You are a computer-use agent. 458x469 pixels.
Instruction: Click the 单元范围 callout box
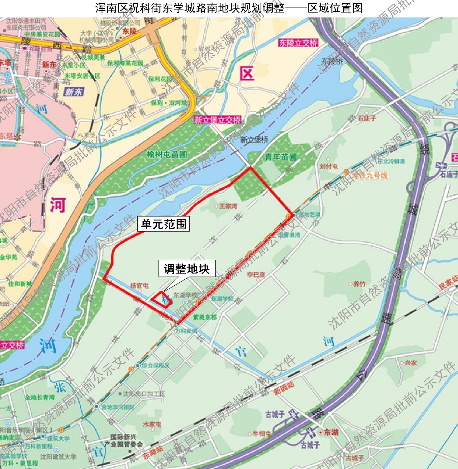coord(163,224)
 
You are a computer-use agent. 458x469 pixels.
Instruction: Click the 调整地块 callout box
coord(187,269)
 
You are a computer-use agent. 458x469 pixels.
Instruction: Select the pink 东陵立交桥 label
coord(298,43)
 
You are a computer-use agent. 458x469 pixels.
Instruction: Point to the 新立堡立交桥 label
coord(217,120)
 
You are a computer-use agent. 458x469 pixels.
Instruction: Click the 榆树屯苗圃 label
coord(167,154)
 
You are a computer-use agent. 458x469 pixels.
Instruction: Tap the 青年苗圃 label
coord(281,157)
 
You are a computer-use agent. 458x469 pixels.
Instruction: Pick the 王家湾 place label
coord(228,206)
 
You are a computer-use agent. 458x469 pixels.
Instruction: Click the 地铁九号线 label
coord(369,175)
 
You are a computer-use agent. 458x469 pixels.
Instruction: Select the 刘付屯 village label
coord(329,166)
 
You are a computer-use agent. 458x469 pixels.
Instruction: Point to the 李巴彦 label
coord(256,274)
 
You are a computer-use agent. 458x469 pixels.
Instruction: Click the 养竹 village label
coord(359,284)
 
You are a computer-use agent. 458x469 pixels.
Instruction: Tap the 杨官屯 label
coord(139,286)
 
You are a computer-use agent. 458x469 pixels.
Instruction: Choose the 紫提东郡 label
coord(205,317)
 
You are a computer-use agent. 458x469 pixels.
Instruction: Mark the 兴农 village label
coord(411,363)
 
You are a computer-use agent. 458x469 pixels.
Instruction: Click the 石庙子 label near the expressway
coord(367,118)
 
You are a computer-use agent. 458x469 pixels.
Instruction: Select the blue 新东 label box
coord(74,92)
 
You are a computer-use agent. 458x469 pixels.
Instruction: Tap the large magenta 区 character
coord(247,73)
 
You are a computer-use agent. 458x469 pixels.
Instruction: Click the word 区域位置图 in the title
coord(335,8)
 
